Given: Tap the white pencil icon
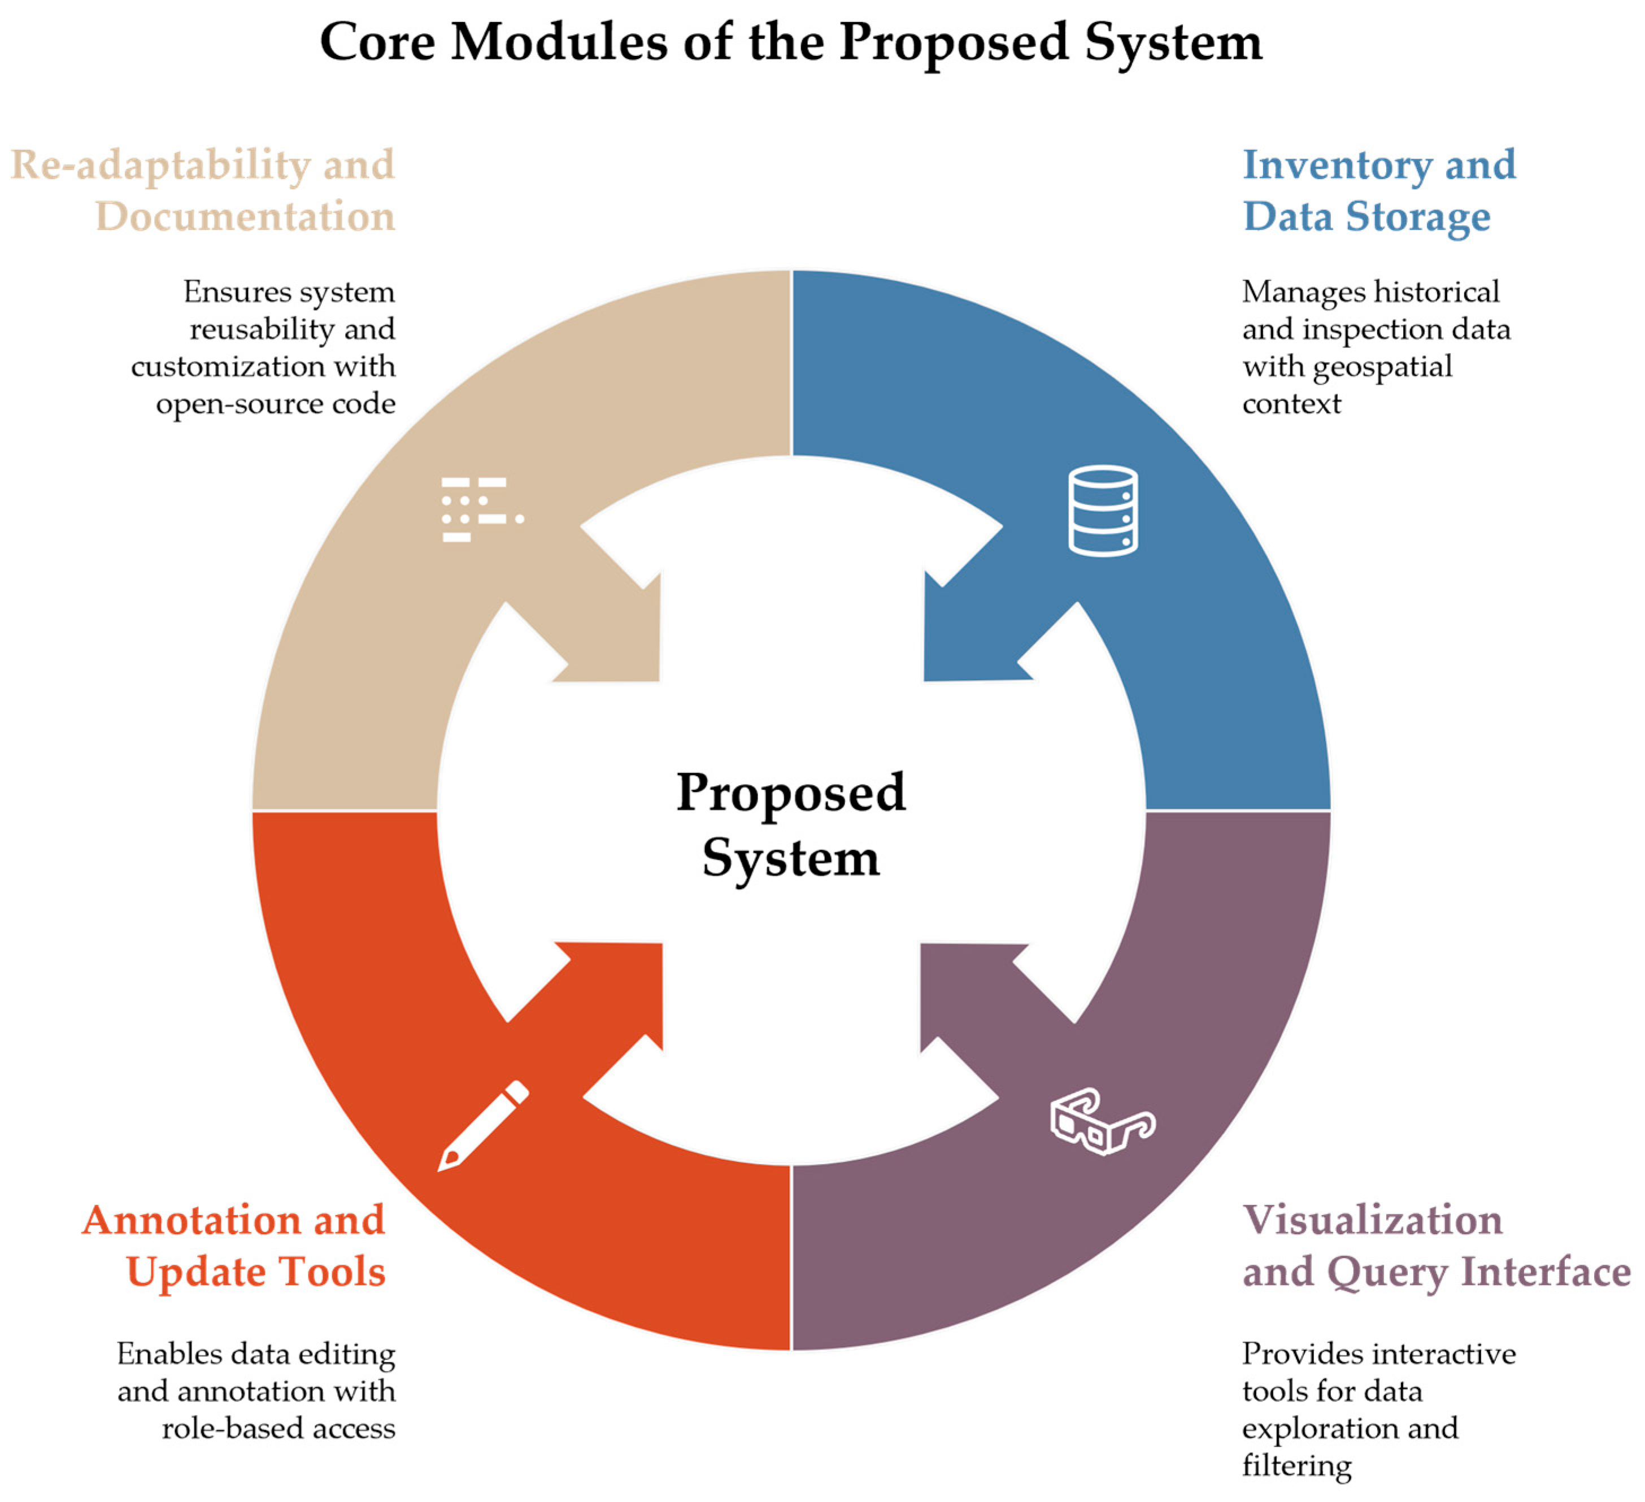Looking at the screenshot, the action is click(x=483, y=1126).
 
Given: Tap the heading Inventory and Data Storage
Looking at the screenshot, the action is click(x=1378, y=190).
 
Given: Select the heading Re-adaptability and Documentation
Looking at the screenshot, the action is click(x=203, y=190).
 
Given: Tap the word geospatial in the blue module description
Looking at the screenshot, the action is click(x=1382, y=367).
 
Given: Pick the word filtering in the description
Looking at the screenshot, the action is click(x=1296, y=1465).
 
